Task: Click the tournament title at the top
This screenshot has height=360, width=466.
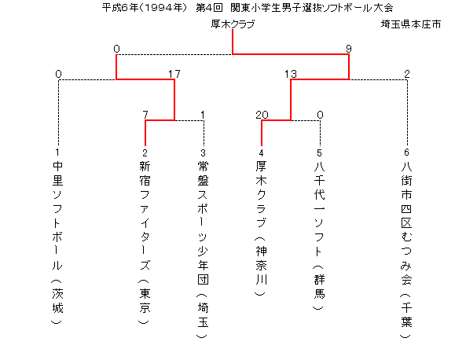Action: (x=248, y=8)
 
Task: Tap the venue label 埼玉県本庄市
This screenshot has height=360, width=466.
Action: (x=411, y=24)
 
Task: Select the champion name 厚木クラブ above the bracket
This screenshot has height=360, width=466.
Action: (x=233, y=24)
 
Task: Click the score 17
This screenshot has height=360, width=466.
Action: (x=174, y=74)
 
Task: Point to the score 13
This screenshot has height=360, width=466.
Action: (x=290, y=74)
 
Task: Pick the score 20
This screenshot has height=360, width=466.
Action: (x=262, y=115)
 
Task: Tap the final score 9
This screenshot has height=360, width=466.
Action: (x=349, y=49)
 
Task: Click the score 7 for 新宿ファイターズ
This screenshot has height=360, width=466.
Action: (x=145, y=115)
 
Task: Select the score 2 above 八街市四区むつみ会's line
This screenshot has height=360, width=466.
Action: (x=407, y=74)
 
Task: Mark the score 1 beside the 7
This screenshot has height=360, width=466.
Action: (x=203, y=115)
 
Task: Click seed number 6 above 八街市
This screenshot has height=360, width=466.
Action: (x=406, y=152)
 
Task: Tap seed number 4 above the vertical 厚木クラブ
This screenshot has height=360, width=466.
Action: (x=261, y=153)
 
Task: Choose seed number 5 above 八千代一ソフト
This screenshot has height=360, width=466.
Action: (x=319, y=153)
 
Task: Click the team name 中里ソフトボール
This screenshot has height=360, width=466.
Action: (x=57, y=215)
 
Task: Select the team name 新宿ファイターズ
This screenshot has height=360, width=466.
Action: (x=145, y=215)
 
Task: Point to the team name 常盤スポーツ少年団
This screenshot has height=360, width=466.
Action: (x=203, y=222)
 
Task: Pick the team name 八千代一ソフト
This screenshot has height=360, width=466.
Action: (x=320, y=208)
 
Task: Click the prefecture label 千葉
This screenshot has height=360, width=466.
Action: (x=406, y=315)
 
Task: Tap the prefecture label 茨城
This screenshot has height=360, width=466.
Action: (x=57, y=300)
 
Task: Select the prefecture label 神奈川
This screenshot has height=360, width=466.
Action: (x=261, y=265)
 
